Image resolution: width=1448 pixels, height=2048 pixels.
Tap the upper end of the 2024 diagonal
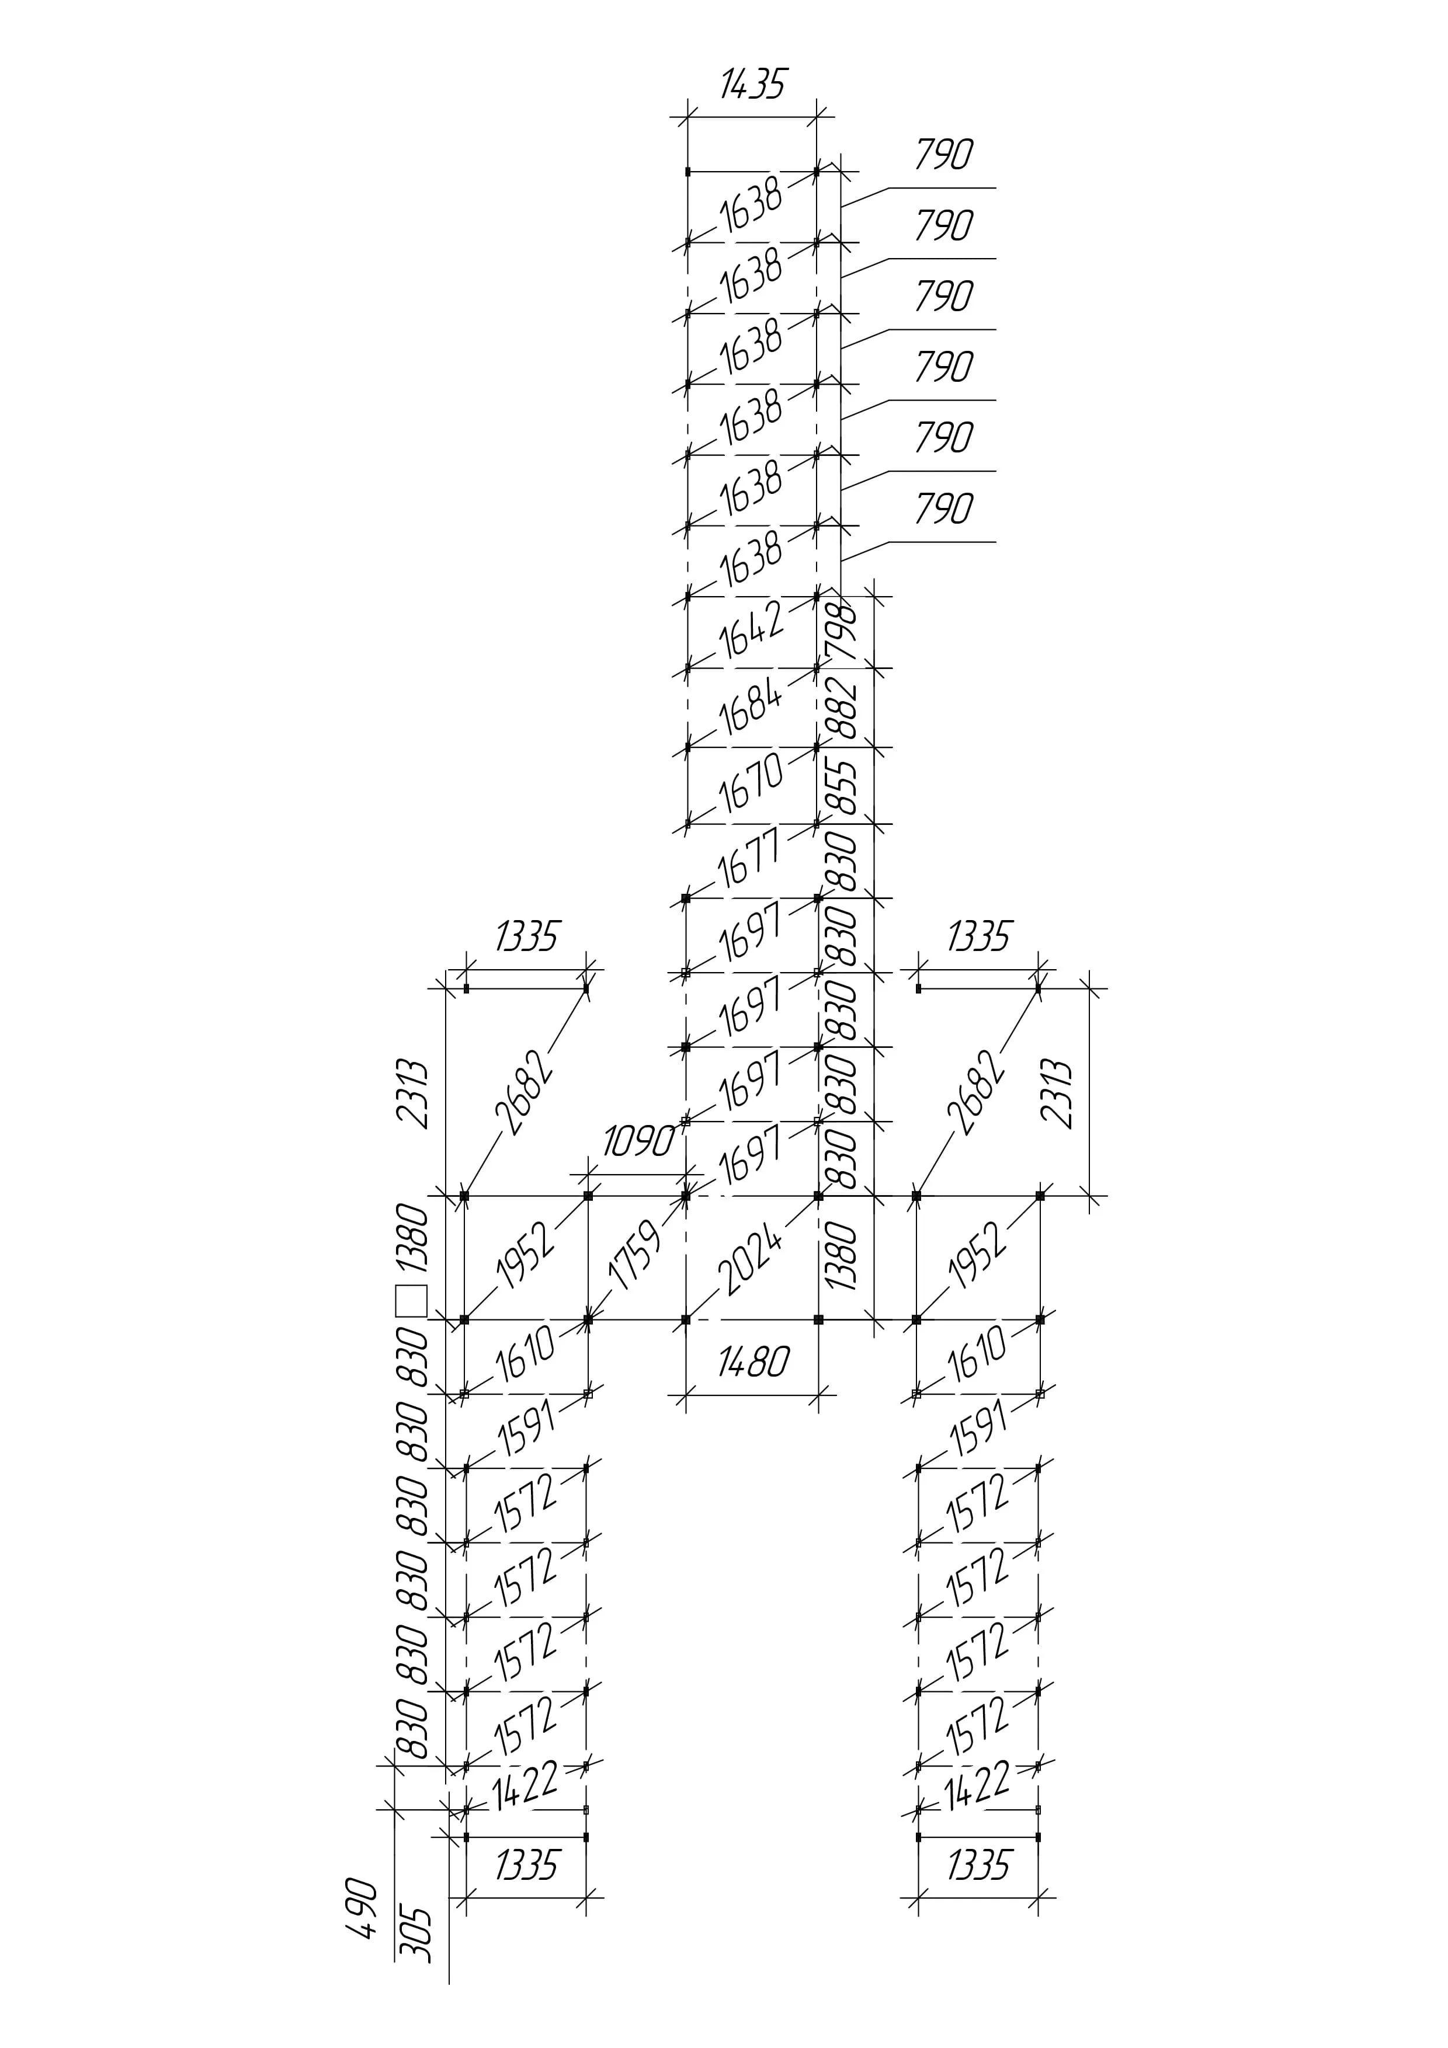coord(818,1195)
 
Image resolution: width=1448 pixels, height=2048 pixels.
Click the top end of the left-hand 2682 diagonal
coord(586,988)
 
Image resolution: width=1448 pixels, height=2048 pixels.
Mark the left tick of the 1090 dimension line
coord(588,1174)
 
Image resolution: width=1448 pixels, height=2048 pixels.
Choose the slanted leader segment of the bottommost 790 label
coord(866,551)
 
